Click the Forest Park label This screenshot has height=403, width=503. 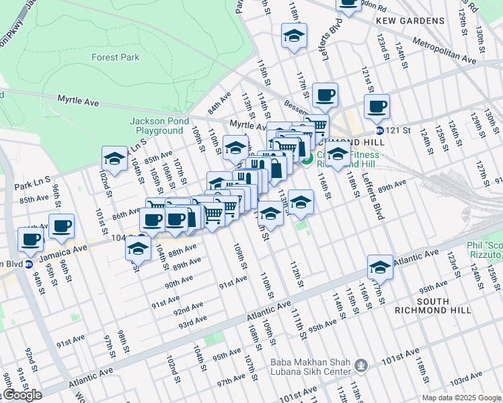point(116,58)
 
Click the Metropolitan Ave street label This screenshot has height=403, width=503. point(444,52)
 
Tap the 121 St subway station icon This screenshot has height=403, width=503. point(380,130)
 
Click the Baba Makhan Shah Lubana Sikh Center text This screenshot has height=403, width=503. point(310,366)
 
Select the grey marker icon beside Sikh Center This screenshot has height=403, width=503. point(362,366)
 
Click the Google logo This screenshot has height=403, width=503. point(22,395)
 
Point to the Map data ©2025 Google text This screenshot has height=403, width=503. point(461,398)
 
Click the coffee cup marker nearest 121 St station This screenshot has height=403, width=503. point(377,105)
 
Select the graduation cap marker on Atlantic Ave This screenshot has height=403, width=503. point(380,267)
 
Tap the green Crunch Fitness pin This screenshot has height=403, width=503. point(307,161)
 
